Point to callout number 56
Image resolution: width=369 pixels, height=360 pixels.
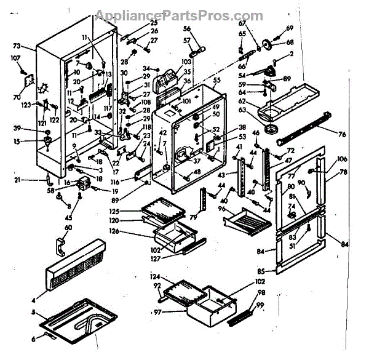pos(187,28)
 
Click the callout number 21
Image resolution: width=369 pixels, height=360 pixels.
pos(17,180)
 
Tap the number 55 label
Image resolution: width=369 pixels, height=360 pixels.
pos(216,80)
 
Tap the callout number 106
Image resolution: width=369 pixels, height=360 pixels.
pos(343,159)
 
